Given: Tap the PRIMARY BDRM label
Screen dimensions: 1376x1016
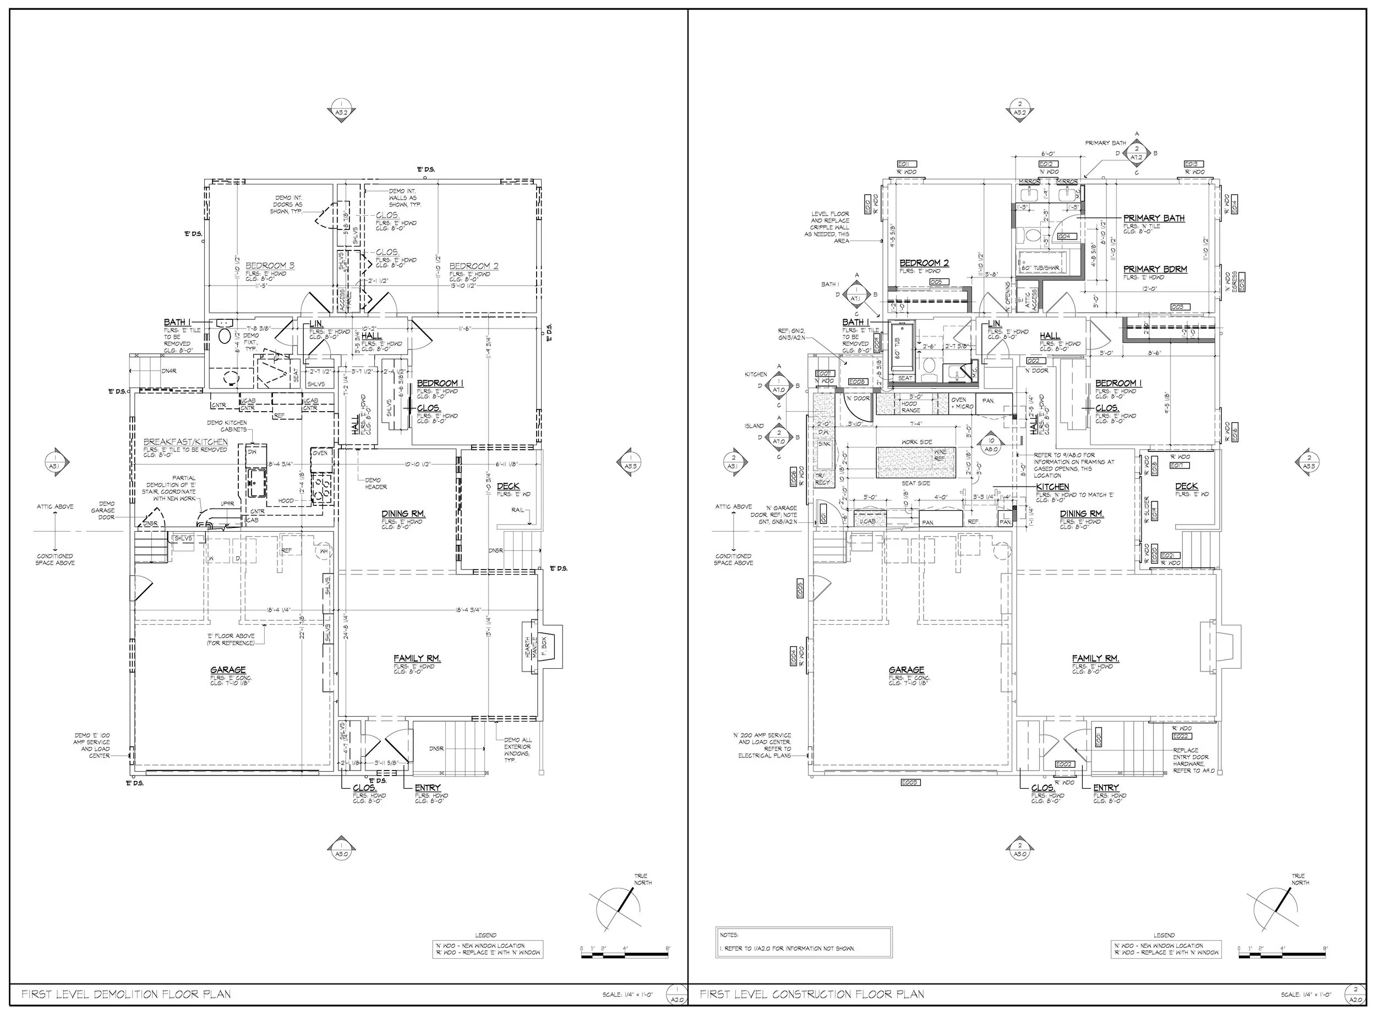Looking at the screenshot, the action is click(1155, 269).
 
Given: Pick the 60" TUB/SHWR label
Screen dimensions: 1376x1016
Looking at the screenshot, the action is click(1040, 268).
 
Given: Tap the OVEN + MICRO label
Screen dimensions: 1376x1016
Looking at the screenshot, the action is click(961, 403).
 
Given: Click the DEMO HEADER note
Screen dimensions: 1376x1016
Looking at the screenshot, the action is click(375, 483).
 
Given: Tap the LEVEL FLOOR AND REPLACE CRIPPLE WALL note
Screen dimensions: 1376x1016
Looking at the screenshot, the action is click(830, 227).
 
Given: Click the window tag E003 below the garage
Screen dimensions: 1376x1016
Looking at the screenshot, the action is click(910, 782).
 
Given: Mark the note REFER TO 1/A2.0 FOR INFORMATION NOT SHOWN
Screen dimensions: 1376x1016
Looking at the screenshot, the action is click(787, 948).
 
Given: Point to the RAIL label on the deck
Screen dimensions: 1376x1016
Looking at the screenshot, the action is click(517, 510).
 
